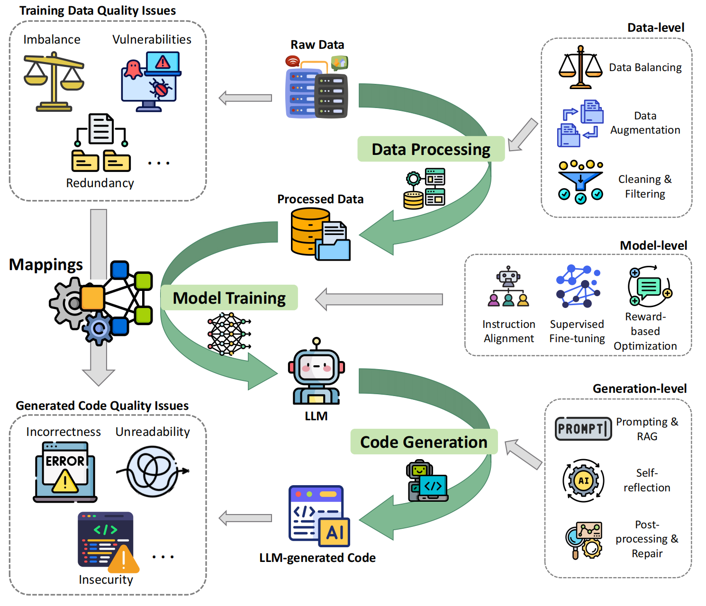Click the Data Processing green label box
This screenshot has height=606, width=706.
(431, 149)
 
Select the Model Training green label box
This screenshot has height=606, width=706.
(229, 298)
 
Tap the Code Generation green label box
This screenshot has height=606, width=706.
(424, 442)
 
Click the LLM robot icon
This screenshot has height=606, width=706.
(316, 372)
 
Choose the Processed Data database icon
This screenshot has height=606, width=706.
(320, 235)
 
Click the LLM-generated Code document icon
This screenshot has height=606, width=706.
(319, 516)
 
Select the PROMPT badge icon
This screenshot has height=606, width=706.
(583, 429)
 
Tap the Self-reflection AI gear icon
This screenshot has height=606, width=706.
(583, 480)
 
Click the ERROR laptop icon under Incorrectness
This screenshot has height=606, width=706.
(65, 472)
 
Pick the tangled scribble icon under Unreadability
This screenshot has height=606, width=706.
(153, 471)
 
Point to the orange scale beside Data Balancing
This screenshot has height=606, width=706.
(580, 68)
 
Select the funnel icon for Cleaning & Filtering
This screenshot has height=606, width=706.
(580, 182)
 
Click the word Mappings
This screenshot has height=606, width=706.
(45, 264)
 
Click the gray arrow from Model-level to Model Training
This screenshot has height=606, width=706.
(379, 299)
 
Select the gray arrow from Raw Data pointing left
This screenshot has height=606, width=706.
(245, 98)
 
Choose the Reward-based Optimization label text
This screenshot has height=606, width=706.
(645, 331)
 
